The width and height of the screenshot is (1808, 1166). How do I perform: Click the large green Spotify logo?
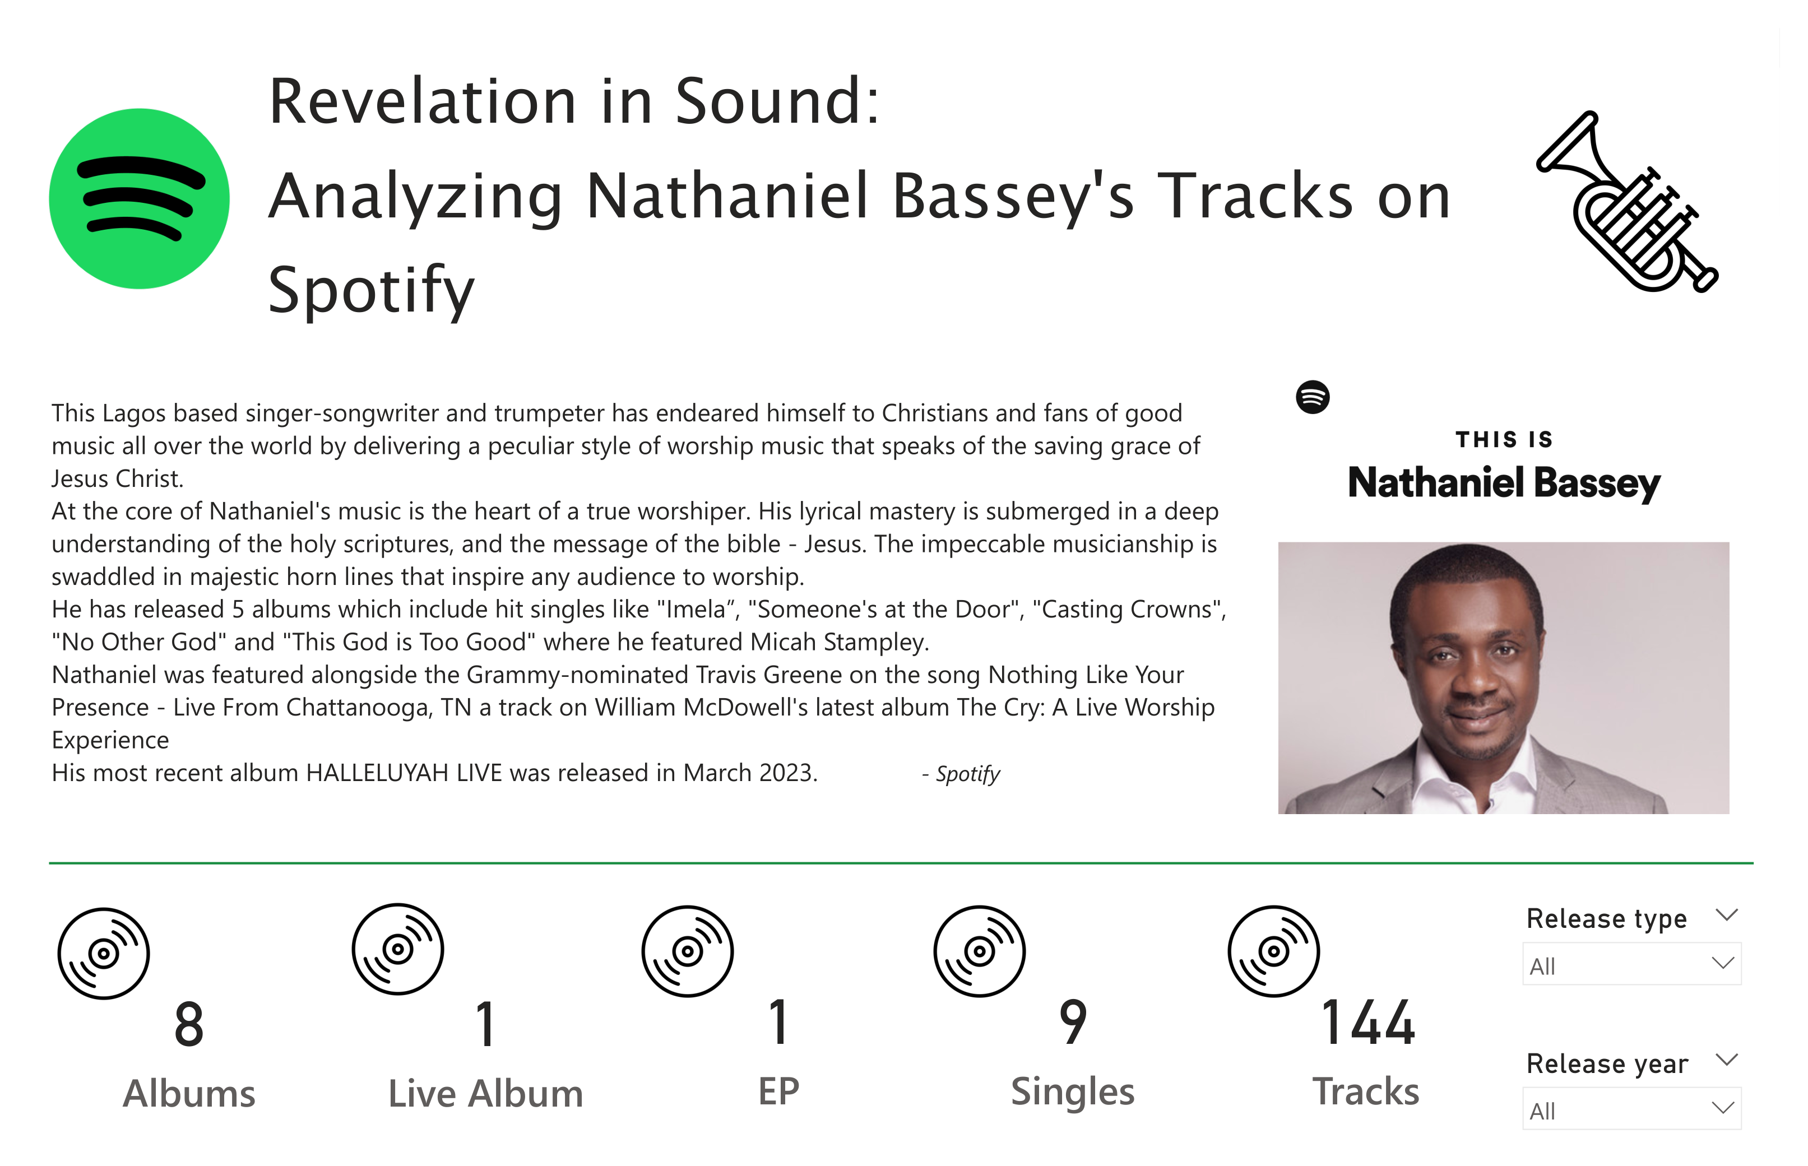[140, 198]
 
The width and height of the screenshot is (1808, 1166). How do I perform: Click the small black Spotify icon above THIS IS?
[1312, 397]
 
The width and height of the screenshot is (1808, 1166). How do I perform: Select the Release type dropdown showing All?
[1631, 964]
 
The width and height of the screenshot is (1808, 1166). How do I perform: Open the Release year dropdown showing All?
[1631, 1108]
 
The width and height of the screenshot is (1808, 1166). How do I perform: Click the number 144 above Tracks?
[1367, 1023]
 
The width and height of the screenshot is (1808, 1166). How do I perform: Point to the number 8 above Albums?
[189, 1024]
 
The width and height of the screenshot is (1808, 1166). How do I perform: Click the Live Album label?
[485, 1093]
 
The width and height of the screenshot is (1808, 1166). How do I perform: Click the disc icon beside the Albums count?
[104, 953]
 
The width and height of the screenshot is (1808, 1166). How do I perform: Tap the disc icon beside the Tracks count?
[1273, 951]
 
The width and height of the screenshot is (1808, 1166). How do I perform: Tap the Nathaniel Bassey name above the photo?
[1504, 483]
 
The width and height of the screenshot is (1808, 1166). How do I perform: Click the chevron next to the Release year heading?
[1726, 1059]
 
